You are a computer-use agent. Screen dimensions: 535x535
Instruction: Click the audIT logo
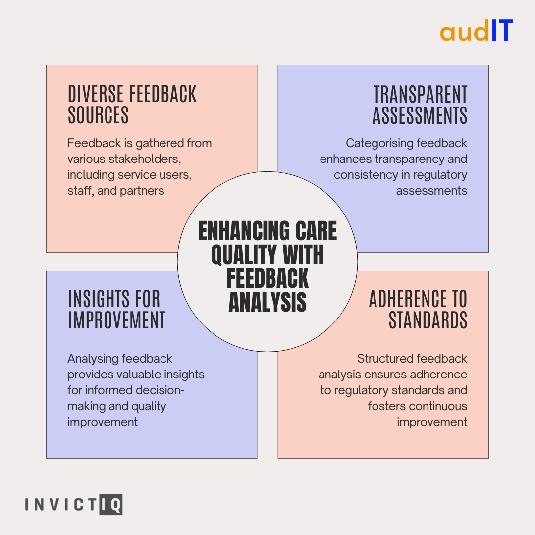(x=477, y=31)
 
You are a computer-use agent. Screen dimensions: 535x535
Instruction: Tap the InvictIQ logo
(x=73, y=505)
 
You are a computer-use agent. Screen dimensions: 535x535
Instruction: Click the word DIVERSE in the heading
(x=96, y=94)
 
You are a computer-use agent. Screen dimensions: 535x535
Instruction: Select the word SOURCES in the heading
(x=98, y=115)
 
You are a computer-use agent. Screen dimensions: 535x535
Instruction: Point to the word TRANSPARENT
(x=421, y=94)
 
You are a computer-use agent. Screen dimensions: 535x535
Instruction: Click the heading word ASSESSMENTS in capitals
(x=420, y=115)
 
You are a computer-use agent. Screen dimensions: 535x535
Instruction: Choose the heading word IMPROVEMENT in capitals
(x=116, y=320)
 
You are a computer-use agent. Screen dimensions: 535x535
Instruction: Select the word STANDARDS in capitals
(x=428, y=320)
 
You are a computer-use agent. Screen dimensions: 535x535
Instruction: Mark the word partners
(x=142, y=191)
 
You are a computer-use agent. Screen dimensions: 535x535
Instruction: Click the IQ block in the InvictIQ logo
(x=111, y=505)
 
